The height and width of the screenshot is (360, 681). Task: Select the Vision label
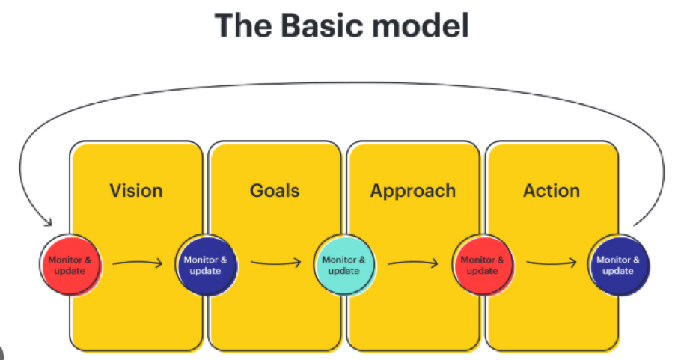tap(136, 191)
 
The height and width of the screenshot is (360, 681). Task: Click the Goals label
tap(275, 191)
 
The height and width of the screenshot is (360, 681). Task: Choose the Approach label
tap(413, 191)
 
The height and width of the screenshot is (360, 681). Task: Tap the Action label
tap(552, 191)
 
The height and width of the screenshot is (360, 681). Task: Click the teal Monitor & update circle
tap(344, 266)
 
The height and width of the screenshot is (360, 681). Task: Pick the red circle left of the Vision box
tap(70, 266)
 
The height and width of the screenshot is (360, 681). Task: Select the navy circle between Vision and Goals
tap(207, 266)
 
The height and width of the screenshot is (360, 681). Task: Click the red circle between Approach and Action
tap(483, 266)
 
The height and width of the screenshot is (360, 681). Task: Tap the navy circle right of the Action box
tap(618, 266)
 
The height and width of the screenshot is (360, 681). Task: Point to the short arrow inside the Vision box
tap(137, 263)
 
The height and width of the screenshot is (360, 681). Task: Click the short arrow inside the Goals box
tap(276, 263)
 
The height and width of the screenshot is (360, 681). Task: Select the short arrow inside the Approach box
tap(413, 263)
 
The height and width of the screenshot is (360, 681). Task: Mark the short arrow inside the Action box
tap(551, 263)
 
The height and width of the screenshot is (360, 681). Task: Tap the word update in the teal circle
tap(344, 271)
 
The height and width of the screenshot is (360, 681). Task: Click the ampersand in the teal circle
tap(361, 260)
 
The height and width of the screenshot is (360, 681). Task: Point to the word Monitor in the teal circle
tap(339, 260)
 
